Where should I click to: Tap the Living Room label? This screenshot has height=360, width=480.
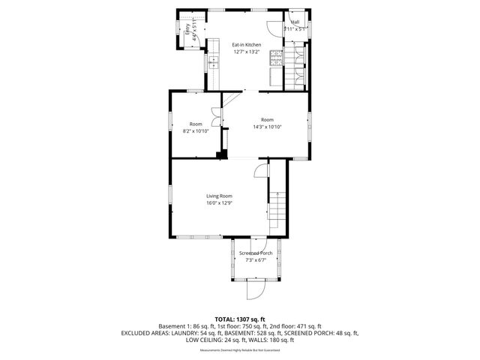(x=219, y=196)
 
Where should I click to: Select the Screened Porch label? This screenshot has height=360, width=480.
(x=256, y=253)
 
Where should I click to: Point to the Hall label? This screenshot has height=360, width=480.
(x=295, y=22)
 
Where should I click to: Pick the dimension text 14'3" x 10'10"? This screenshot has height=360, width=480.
(x=267, y=127)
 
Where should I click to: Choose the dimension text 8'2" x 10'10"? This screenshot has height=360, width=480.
(x=195, y=131)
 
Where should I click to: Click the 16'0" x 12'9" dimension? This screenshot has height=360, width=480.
(x=219, y=203)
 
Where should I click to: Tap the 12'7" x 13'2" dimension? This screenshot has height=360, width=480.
(x=246, y=52)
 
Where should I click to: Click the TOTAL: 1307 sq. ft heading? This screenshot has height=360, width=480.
(x=240, y=319)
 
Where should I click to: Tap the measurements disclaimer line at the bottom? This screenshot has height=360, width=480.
(x=240, y=350)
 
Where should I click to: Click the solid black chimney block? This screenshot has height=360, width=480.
(x=221, y=155)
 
